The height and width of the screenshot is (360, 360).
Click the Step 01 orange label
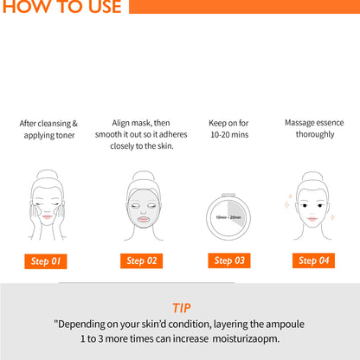[46, 261]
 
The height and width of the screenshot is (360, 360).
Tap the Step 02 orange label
[141, 260]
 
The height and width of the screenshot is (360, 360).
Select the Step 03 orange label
[229, 260]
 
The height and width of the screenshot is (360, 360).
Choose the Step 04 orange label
[313, 260]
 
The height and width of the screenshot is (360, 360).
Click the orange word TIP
[182, 308]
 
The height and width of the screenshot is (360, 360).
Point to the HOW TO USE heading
[61, 7]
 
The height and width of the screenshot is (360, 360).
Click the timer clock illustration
[228, 216]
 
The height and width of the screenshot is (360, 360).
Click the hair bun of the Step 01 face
[47, 175]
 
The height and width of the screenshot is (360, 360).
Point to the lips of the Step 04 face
[312, 219]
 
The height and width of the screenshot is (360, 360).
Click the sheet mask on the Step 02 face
[144, 209]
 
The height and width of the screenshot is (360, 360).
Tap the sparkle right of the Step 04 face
[332, 217]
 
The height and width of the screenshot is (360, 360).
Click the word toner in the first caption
[66, 135]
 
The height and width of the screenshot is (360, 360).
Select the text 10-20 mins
[229, 135]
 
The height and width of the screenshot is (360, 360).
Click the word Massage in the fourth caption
[299, 123]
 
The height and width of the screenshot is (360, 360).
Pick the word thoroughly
[315, 134]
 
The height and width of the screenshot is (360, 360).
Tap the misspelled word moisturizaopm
[246, 338]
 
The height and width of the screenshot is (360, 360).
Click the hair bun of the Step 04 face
[312, 177]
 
